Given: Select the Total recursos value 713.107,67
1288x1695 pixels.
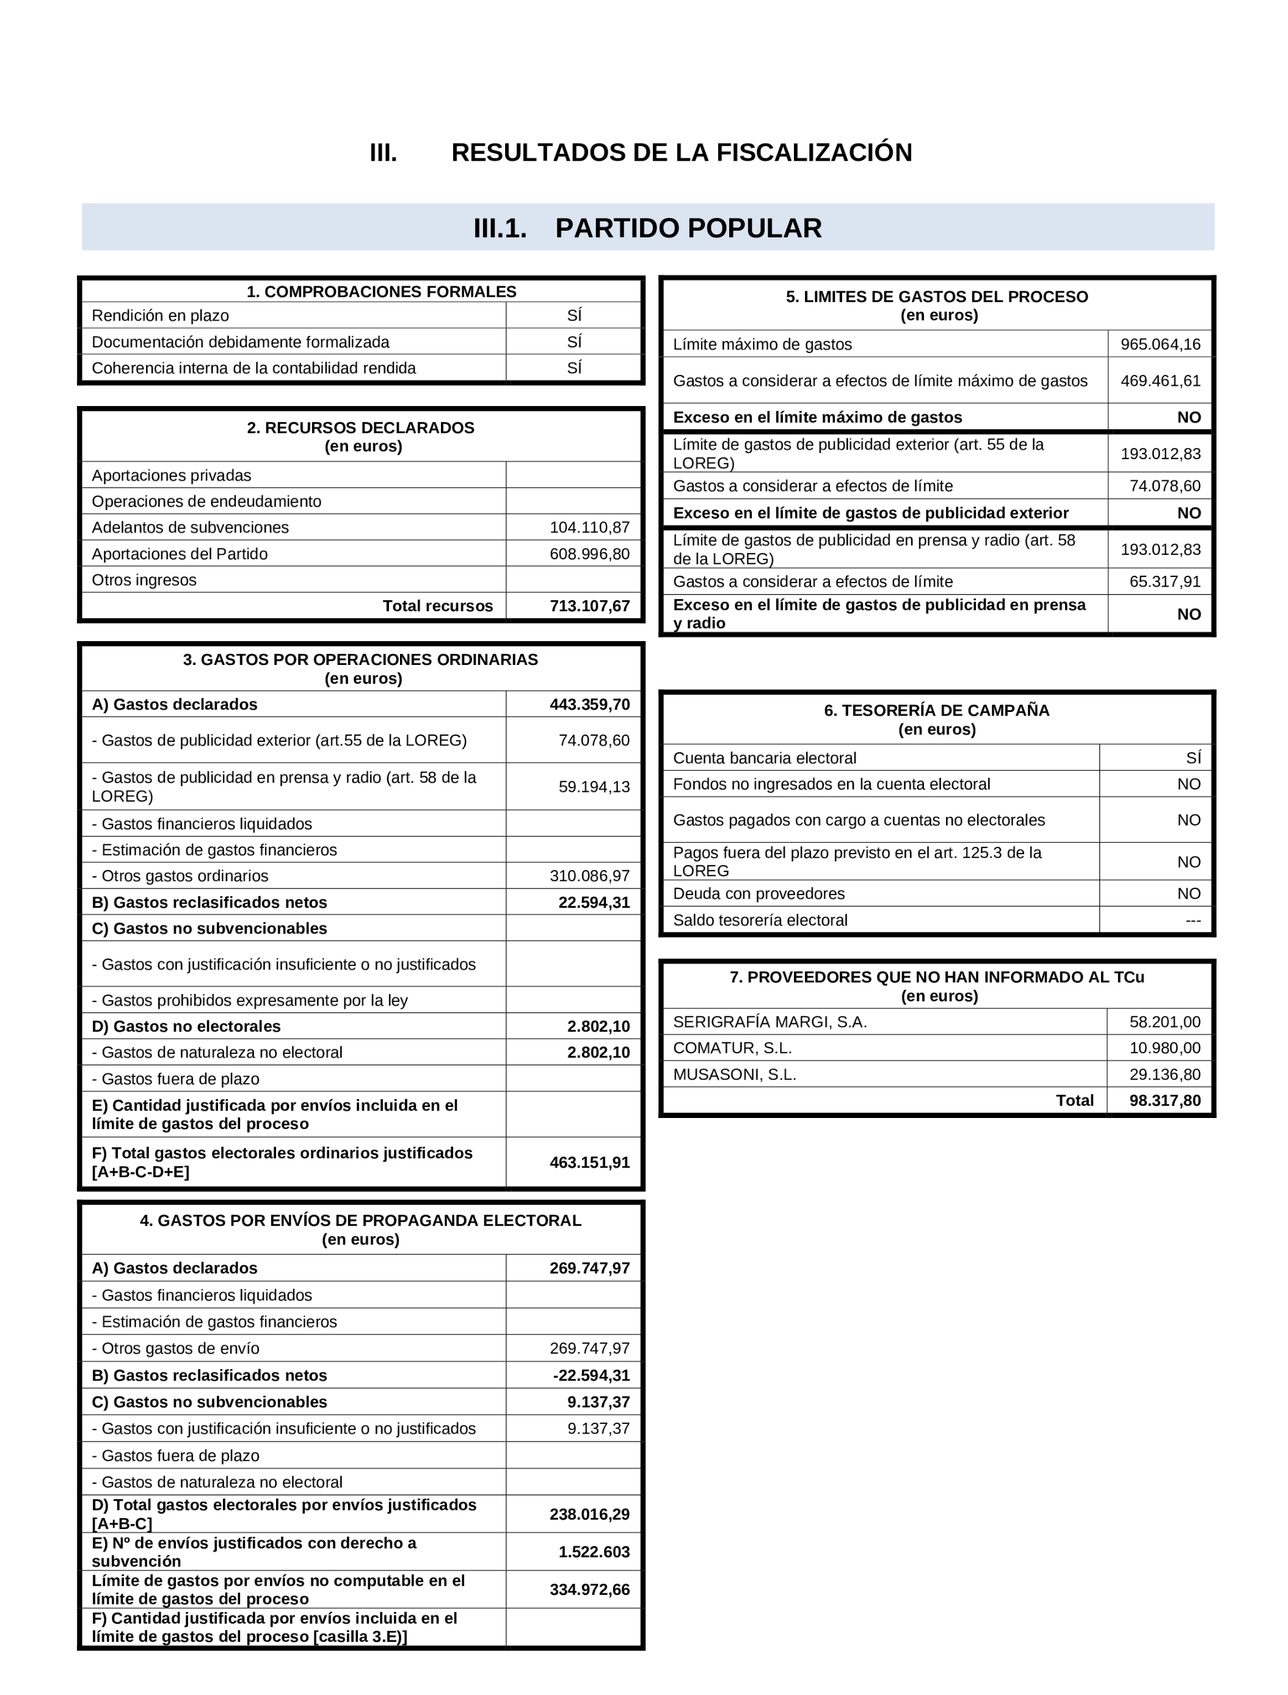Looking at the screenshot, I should point(589,606).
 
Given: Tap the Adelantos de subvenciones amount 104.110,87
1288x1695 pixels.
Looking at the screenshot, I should point(589,528).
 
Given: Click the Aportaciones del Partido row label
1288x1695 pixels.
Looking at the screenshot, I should point(180,554).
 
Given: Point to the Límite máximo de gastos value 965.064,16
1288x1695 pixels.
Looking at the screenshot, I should point(1160,344).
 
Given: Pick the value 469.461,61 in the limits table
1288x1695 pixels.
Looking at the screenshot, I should point(1160,381).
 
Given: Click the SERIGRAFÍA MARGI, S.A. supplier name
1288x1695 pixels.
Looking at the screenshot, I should point(770,1022).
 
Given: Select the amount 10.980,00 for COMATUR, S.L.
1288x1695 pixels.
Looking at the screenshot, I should point(1165,1048).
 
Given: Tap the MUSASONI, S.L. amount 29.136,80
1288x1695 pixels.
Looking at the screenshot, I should point(1165,1074).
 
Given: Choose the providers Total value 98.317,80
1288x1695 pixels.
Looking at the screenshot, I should point(1165,1100).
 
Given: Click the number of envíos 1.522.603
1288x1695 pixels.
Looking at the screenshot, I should point(594,1552).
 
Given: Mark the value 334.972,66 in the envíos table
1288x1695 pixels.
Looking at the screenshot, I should point(589,1589).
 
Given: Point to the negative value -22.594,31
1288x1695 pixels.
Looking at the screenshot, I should point(591,1375).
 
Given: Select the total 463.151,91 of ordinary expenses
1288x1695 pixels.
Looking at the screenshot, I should point(589,1162).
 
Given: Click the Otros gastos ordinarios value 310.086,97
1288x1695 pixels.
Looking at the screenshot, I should point(589,876).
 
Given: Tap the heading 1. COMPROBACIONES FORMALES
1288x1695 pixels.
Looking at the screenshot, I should point(381,291).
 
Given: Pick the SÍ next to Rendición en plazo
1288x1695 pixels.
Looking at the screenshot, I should point(574,315).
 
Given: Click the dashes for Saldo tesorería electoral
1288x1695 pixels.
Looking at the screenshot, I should point(1192,920).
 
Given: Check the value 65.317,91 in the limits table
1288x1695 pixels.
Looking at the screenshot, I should point(1165,581).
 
